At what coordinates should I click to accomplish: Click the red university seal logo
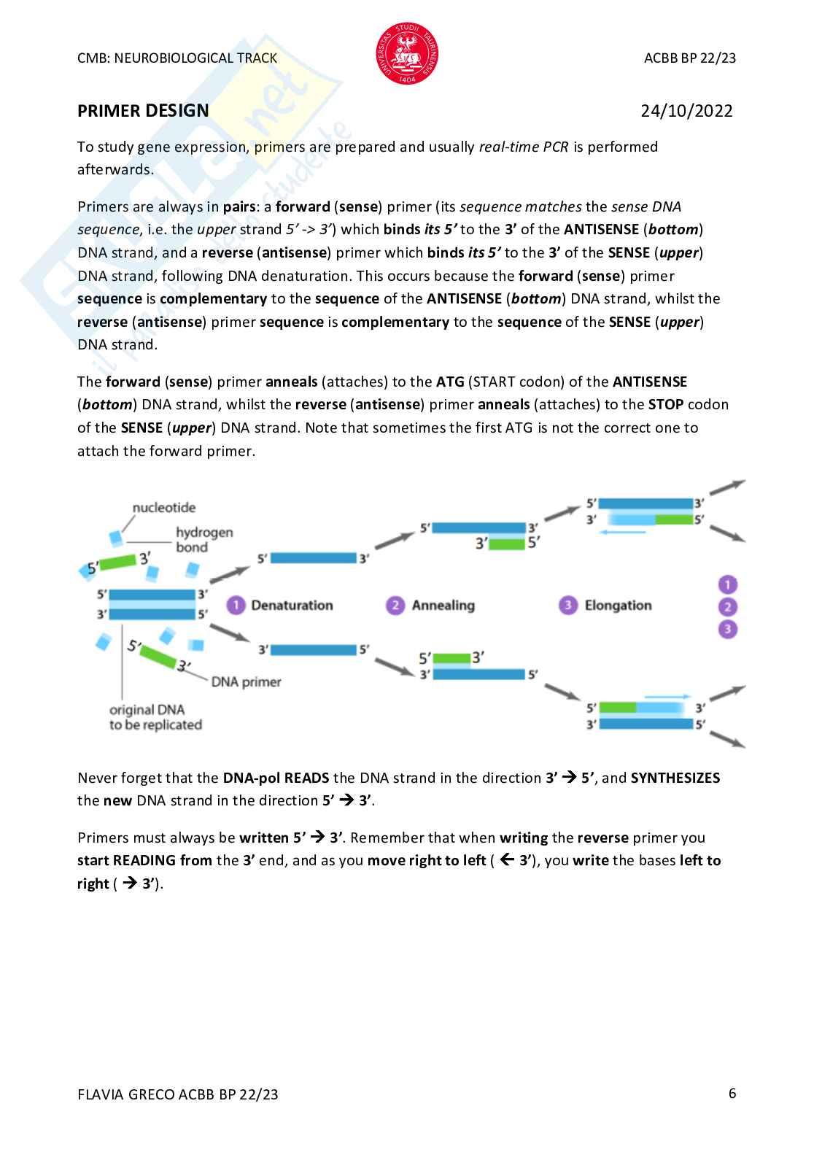(x=407, y=53)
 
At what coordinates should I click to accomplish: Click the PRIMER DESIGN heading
(x=143, y=111)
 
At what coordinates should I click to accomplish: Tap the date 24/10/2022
(x=686, y=111)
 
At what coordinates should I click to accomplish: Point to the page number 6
(x=732, y=1093)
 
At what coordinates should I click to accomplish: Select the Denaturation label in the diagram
(x=292, y=606)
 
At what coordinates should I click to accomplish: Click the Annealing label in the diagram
(x=443, y=606)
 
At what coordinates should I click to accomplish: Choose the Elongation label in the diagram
(x=618, y=606)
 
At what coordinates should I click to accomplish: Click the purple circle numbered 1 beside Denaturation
(x=235, y=606)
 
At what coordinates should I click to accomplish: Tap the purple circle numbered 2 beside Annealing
(x=395, y=606)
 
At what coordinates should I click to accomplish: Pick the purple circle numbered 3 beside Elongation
(x=567, y=606)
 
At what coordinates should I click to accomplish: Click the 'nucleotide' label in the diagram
(x=164, y=508)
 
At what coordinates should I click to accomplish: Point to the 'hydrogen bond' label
(x=204, y=540)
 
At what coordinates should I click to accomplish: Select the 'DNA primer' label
(x=246, y=682)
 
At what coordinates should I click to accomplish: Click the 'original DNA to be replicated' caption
(x=155, y=717)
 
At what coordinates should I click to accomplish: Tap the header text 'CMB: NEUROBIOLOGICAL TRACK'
(x=177, y=58)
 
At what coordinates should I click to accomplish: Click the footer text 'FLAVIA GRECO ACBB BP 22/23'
(x=178, y=1094)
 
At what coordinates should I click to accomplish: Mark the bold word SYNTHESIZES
(x=675, y=778)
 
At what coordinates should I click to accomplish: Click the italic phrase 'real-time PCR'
(x=523, y=147)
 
